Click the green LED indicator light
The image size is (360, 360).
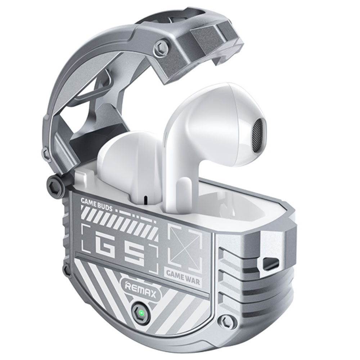click(x=141, y=313)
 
